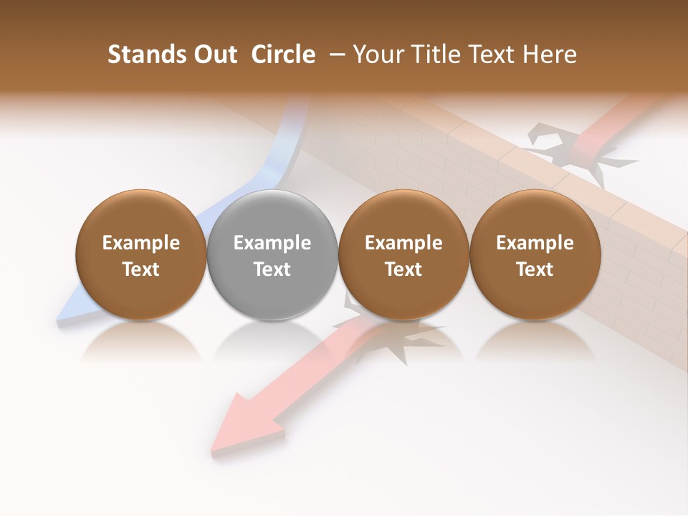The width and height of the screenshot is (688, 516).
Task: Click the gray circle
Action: [x=272, y=255]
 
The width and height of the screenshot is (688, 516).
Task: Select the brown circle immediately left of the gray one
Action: [x=140, y=255]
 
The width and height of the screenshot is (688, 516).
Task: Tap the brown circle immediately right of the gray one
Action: [x=403, y=255]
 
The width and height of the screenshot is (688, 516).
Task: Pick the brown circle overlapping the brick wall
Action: [x=535, y=255]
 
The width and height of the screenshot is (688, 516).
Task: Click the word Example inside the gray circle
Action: [x=272, y=243]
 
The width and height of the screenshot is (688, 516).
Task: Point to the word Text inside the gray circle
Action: [x=272, y=269]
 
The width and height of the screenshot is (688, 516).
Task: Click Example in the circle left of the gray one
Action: [x=140, y=243]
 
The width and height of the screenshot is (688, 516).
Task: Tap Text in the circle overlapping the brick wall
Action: [x=535, y=269]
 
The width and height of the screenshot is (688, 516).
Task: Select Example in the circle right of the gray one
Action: [x=403, y=243]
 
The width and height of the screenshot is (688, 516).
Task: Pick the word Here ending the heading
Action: [x=553, y=54]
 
